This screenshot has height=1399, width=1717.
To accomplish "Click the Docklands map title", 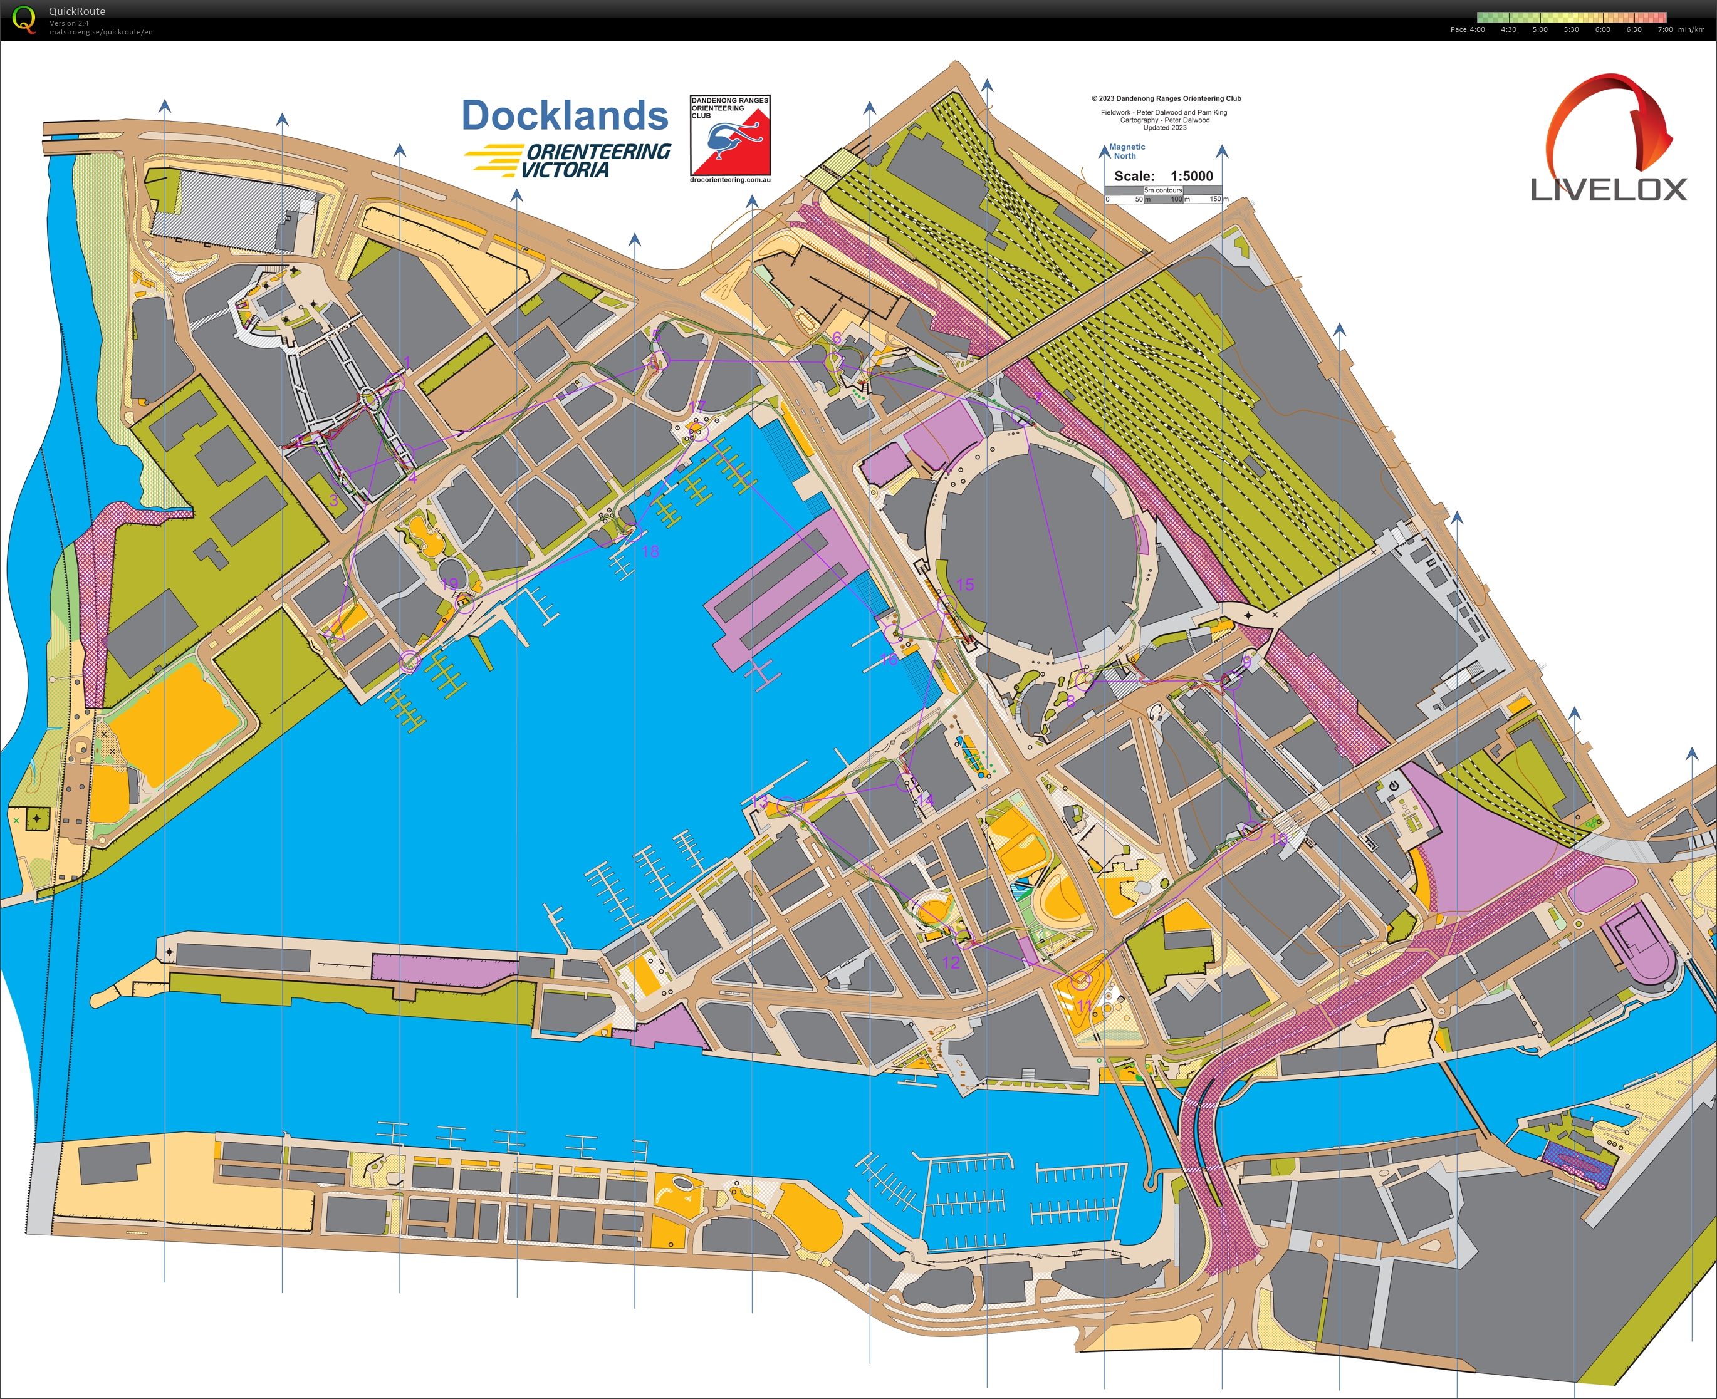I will (564, 116).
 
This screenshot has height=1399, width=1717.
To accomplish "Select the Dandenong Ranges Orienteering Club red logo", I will (730, 135).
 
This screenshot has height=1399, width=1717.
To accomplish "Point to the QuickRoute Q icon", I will (24, 19).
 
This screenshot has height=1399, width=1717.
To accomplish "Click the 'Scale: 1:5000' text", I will (1163, 175).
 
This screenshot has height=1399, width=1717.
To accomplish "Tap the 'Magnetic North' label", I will (1126, 152).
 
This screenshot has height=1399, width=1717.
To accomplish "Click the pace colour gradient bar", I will (1571, 17).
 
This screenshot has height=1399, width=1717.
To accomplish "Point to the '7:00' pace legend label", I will (1664, 30).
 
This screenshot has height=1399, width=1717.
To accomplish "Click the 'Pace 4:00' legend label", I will (1467, 30).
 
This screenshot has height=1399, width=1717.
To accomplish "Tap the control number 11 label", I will (1084, 1006).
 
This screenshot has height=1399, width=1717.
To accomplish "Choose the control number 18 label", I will (650, 551).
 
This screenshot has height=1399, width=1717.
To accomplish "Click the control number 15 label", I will (965, 585).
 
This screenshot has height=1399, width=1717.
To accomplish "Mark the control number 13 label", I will (759, 800).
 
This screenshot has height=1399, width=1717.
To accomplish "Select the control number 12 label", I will (951, 962).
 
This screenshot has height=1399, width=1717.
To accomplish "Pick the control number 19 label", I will (449, 583).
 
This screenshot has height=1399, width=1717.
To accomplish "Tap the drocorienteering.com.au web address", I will (730, 180).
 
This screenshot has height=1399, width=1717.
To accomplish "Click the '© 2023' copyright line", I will (1166, 98).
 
